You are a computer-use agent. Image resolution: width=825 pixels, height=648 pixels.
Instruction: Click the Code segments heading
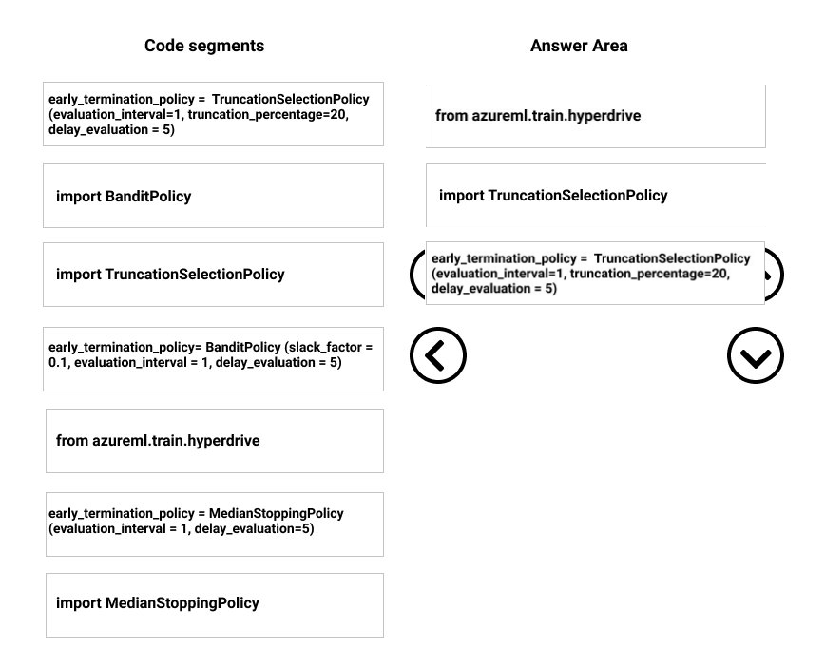tap(204, 46)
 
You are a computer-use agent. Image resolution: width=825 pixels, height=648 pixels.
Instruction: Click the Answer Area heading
tap(579, 46)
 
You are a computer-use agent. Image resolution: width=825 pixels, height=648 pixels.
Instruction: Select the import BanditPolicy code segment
tap(213, 196)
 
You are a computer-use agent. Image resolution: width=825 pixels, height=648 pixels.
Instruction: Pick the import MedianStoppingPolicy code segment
tap(215, 605)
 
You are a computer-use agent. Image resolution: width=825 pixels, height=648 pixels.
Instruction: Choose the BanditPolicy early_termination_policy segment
tap(213, 359)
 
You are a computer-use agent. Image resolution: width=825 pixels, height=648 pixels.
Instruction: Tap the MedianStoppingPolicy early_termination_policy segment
tap(215, 524)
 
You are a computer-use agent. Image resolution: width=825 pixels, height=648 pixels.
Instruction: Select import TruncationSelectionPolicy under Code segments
tap(213, 275)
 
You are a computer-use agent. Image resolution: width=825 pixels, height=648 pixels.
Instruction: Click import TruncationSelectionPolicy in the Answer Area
tap(596, 195)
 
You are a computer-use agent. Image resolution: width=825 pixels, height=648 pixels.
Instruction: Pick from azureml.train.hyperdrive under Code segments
tap(215, 441)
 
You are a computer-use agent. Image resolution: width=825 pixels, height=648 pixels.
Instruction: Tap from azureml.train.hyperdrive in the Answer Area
tap(596, 116)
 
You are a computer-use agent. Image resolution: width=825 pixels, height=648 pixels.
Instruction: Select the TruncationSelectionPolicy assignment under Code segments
tap(213, 114)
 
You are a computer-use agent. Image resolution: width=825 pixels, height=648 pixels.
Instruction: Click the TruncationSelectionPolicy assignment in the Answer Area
tap(595, 273)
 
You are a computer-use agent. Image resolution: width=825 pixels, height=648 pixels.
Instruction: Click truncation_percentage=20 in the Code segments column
tap(268, 115)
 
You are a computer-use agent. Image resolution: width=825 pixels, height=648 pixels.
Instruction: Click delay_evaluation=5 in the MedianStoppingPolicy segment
tap(254, 528)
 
